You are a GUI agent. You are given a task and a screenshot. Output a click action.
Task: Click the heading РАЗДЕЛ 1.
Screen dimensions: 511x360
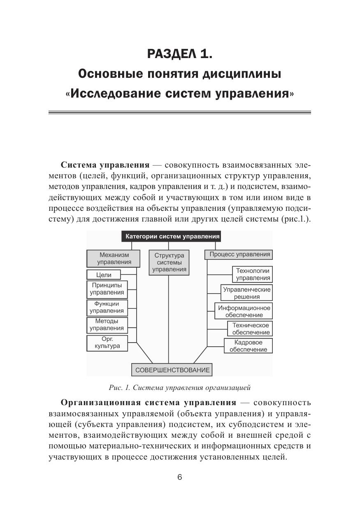coord(180,54)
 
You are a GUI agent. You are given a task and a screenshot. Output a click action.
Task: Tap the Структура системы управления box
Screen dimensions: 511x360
coord(169,262)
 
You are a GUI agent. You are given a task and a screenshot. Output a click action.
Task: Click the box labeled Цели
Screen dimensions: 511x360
coord(104,275)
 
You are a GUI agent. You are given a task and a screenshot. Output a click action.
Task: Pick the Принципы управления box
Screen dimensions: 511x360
coord(107,289)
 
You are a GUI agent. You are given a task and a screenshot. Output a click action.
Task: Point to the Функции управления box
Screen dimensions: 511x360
coord(107,307)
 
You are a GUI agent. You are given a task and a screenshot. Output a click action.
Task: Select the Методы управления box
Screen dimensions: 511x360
coord(107,324)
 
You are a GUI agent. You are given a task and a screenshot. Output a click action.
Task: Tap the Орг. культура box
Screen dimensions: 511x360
coord(107,343)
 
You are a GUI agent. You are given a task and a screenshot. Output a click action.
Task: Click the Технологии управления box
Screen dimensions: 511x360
coord(253,274)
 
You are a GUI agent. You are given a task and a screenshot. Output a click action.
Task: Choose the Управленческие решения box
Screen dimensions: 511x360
coord(246,293)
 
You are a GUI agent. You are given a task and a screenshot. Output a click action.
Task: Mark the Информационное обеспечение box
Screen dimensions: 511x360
coord(244,311)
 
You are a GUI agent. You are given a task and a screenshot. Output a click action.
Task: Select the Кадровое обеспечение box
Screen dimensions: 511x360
coord(248,346)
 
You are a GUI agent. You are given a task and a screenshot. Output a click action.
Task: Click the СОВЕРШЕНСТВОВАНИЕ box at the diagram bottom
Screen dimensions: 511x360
coord(172,370)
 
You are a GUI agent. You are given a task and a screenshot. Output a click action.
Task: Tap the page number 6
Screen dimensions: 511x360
coord(179,477)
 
